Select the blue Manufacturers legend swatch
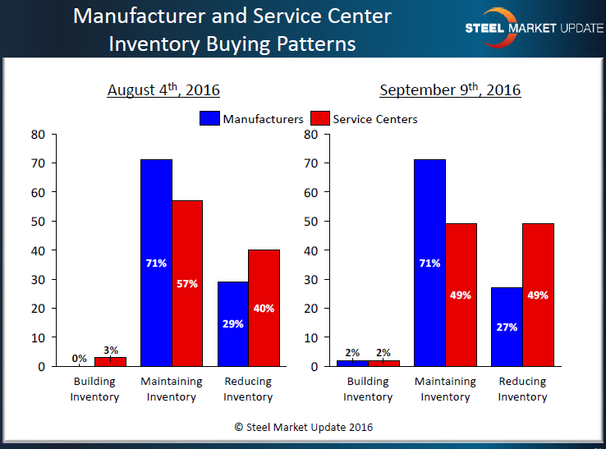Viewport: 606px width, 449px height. [x=209, y=119]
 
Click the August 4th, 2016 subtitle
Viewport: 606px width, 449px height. [x=163, y=89]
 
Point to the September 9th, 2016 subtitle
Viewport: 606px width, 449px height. [x=450, y=89]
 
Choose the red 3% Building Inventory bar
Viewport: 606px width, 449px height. [x=110, y=361]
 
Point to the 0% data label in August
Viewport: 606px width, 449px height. [x=80, y=358]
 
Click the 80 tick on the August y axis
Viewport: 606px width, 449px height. [x=38, y=134]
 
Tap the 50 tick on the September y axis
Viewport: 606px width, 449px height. [x=310, y=221]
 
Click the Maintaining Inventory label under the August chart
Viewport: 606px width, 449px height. [x=172, y=389]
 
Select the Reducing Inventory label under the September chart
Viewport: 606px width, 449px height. [x=522, y=389]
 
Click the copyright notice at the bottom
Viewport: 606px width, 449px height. [x=304, y=427]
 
